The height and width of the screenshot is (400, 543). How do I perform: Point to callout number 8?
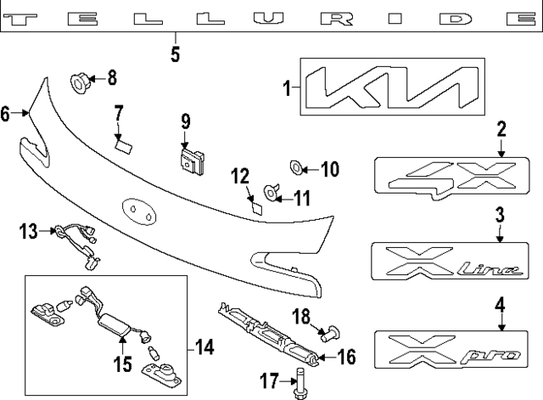112,79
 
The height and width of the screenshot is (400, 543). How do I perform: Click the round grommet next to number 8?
79,82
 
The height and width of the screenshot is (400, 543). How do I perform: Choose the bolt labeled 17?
300,383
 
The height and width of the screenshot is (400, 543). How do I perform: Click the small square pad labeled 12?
255,205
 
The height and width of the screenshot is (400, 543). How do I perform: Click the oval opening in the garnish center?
138,210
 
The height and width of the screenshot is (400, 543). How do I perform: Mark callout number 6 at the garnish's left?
8,113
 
